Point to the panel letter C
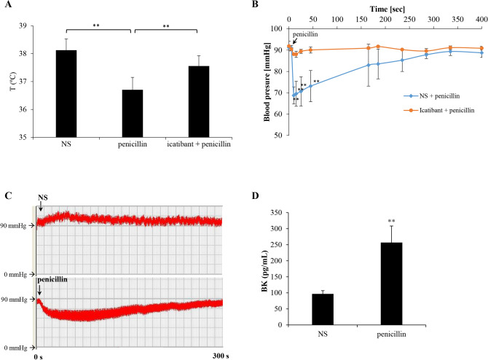click(x=7, y=195)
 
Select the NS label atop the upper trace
click(x=43, y=198)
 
